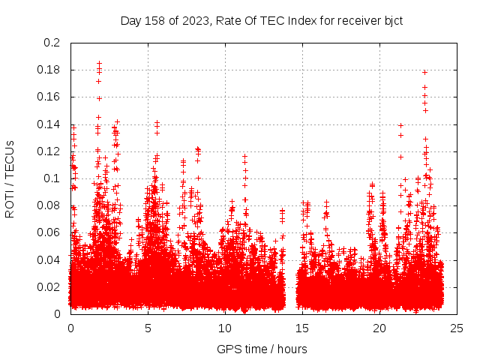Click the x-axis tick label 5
148,328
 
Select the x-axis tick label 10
225,328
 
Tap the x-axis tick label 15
302,328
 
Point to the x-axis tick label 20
379,328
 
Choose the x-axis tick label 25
457,328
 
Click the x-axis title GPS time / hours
262,349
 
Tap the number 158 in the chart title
154,20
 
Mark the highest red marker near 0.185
99,64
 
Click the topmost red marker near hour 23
425,72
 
